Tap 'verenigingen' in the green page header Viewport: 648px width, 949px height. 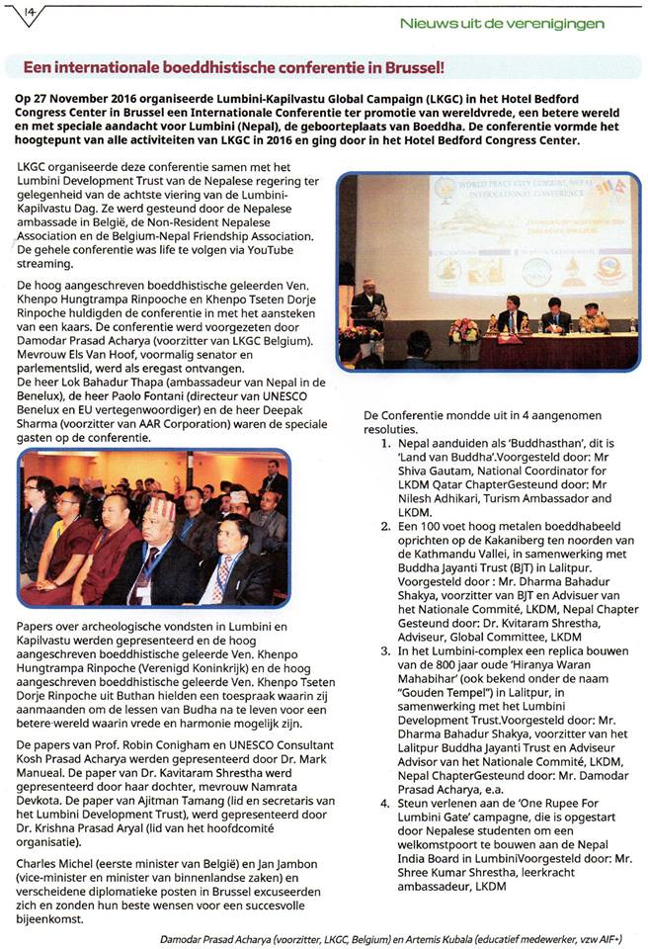pos(555,23)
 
